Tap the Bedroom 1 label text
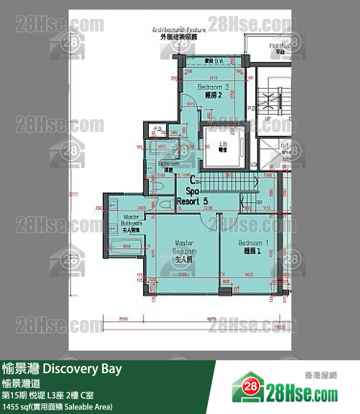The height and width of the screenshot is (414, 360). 253,246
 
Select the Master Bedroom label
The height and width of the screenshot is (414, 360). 184,251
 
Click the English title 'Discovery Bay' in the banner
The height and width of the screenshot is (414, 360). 82,369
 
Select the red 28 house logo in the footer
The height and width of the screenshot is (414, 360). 249,387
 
